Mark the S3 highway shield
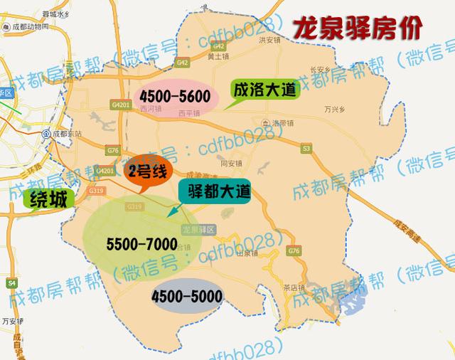pyautogui.click(x=306, y=148)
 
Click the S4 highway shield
pyautogui.click(x=11, y=283)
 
